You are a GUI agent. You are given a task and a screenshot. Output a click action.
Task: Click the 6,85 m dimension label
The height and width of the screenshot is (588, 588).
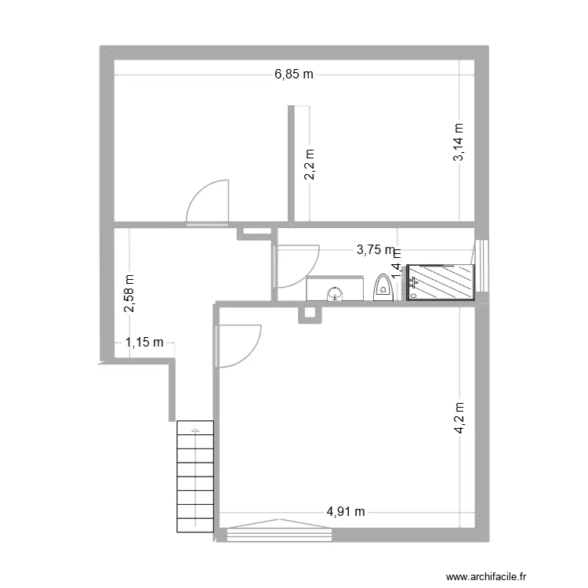point(293,75)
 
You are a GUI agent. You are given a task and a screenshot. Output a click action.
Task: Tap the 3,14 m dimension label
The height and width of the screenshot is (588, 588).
point(459,143)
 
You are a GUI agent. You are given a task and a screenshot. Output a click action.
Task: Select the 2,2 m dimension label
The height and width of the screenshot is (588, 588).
point(310,165)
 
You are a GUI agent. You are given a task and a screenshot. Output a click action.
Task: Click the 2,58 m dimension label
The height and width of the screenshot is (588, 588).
point(129,292)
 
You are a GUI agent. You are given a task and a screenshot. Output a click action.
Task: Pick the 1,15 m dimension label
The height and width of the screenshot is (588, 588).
point(145,342)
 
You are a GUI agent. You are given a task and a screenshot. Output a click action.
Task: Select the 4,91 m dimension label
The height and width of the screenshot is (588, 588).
point(346,513)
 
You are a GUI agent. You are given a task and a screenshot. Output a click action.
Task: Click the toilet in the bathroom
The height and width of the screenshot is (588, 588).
point(383,287)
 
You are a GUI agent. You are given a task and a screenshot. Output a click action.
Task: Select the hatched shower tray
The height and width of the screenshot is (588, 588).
point(441,282)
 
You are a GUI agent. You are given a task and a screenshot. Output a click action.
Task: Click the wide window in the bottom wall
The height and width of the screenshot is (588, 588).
point(278,534)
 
